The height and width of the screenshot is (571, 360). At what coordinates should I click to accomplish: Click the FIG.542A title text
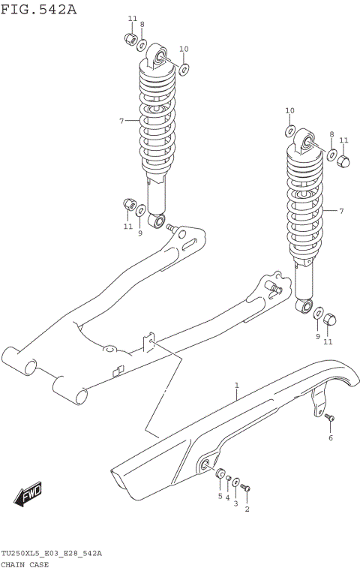39,8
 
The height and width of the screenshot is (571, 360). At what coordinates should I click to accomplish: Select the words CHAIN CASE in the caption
25,564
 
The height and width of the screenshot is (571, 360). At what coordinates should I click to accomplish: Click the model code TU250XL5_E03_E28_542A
51,554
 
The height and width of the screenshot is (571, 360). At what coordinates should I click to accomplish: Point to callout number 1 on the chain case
236,386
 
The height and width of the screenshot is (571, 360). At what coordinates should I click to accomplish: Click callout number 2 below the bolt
247,509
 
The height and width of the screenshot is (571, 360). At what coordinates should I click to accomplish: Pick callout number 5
220,496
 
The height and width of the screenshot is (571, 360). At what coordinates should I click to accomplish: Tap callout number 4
227,498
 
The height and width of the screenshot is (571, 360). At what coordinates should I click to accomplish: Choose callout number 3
235,503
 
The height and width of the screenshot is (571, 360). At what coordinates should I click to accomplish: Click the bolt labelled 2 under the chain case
247,489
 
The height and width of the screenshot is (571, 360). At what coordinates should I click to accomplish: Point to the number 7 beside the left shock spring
121,120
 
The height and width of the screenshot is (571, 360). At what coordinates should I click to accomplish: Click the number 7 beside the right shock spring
340,211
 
